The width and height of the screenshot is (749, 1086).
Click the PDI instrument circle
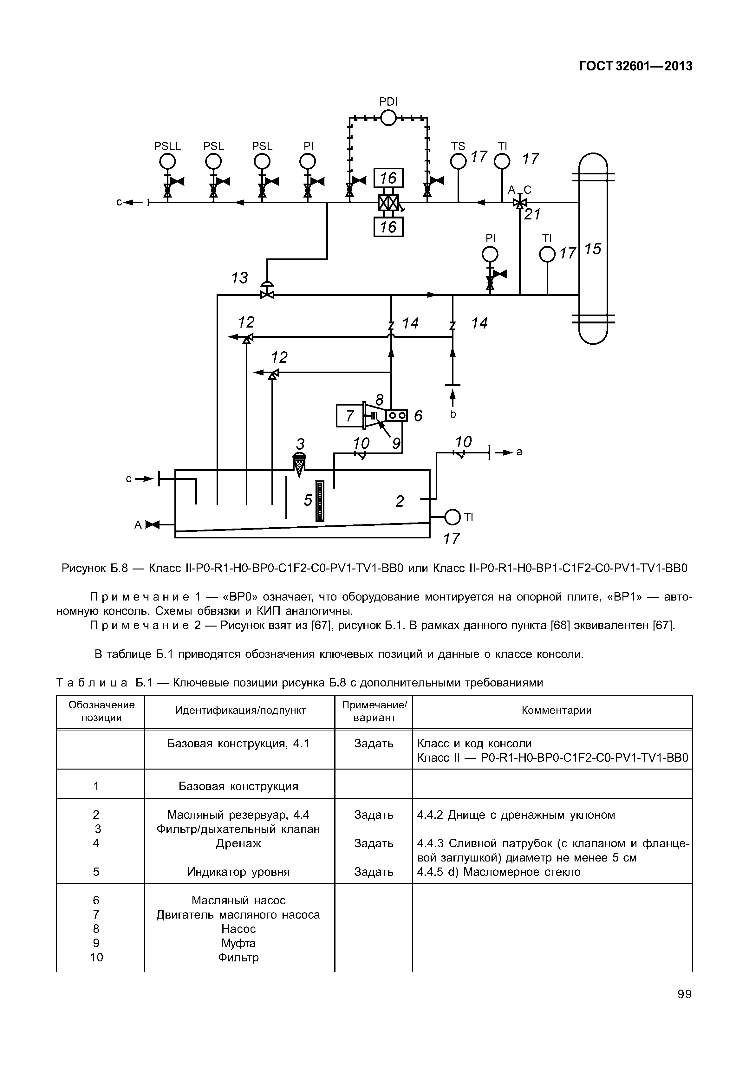(388, 118)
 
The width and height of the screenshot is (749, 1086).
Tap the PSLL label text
(167, 146)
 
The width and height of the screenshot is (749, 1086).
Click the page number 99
(685, 994)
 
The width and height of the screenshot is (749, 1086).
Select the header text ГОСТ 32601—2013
(636, 66)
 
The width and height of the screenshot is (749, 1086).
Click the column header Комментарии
(557, 711)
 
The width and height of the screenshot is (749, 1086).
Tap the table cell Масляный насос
(238, 900)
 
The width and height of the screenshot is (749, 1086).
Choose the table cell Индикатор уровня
(238, 872)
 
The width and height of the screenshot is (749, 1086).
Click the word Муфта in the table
(238, 943)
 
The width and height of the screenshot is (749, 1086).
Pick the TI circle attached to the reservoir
(453, 518)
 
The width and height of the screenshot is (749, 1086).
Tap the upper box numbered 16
(388, 178)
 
